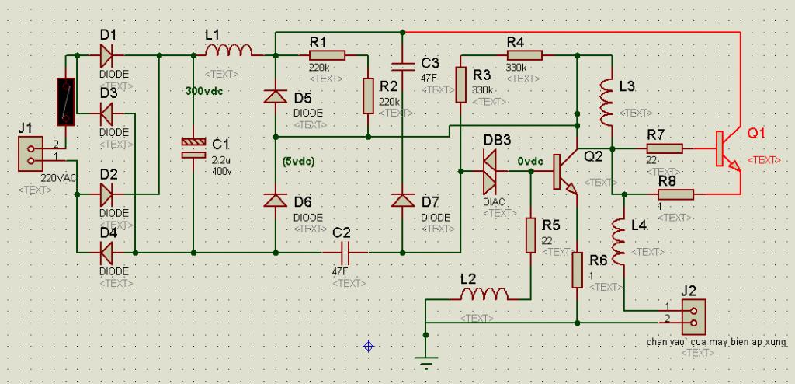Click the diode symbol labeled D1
(x=106, y=55)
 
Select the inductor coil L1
(x=228, y=51)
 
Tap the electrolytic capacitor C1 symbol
(x=193, y=148)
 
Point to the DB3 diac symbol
(x=491, y=172)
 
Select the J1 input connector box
(x=30, y=155)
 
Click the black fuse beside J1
(x=66, y=102)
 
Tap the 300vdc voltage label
(x=204, y=92)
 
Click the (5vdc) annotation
(x=298, y=162)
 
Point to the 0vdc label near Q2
(x=530, y=162)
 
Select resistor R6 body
(x=577, y=271)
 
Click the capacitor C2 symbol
(x=345, y=252)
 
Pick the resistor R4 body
(x=524, y=55)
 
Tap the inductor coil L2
(x=484, y=294)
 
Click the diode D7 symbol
(x=403, y=201)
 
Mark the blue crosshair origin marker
(x=369, y=347)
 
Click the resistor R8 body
(x=675, y=194)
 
